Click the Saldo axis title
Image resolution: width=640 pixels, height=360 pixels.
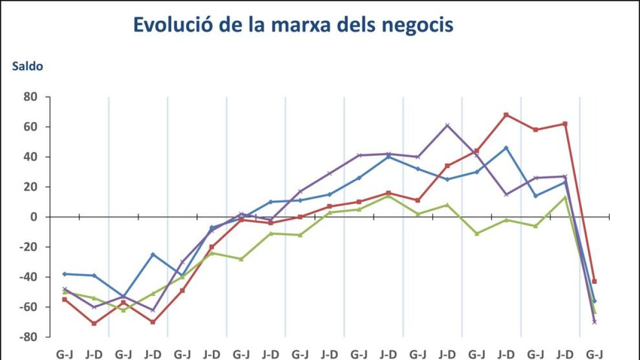pyautogui.click(x=27, y=67)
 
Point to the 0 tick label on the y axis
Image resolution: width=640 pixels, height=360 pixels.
pyautogui.click(x=35, y=217)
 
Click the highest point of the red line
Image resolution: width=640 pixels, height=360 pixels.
pyautogui.click(x=506, y=115)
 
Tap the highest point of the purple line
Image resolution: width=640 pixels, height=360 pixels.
pyautogui.click(x=447, y=125)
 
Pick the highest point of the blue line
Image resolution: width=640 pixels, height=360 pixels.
pyautogui.click(x=506, y=148)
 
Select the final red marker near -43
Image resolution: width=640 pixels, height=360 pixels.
pyautogui.click(x=594, y=281)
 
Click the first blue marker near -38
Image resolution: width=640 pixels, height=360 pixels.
pyautogui.click(x=65, y=274)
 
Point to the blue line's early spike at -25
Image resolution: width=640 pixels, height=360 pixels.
pyautogui.click(x=153, y=254)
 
